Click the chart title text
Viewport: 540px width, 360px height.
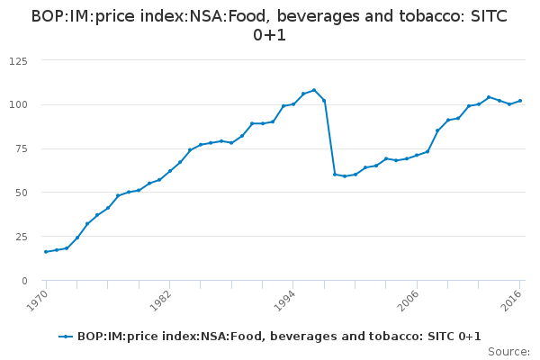(270, 26)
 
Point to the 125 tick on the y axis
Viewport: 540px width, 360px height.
(17, 60)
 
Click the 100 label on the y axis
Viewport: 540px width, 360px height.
(17, 104)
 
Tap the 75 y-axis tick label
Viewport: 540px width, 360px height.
(20, 148)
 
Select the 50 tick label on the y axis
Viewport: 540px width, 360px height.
(20, 193)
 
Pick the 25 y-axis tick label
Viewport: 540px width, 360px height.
(20, 237)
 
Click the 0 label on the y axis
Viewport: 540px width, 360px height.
(23, 281)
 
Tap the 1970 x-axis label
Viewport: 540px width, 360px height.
(36, 300)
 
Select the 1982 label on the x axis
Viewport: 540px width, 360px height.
(159, 300)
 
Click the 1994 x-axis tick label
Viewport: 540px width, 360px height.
(283, 300)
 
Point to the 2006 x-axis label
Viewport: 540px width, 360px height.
(407, 300)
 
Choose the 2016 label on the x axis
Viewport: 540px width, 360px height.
(510, 300)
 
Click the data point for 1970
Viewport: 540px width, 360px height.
(46, 252)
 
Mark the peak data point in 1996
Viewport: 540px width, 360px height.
(314, 90)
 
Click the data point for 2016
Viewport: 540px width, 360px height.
(520, 101)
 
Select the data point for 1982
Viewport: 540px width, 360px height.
(169, 171)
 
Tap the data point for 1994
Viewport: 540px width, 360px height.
(293, 104)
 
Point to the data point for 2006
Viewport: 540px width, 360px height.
(417, 155)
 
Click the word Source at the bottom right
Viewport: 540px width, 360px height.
(508, 351)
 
